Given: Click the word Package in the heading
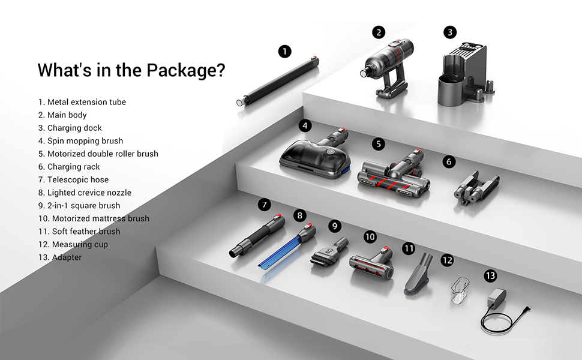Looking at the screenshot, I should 185,70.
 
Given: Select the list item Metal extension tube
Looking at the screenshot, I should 82,102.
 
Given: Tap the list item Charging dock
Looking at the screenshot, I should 70,128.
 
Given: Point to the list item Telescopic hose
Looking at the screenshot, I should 73,179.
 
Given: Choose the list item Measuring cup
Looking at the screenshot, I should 73,244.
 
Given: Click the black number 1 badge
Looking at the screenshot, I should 285,52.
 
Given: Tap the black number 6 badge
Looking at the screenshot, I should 449,161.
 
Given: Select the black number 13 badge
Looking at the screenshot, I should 490,276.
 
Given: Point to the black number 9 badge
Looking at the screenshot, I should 335,226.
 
